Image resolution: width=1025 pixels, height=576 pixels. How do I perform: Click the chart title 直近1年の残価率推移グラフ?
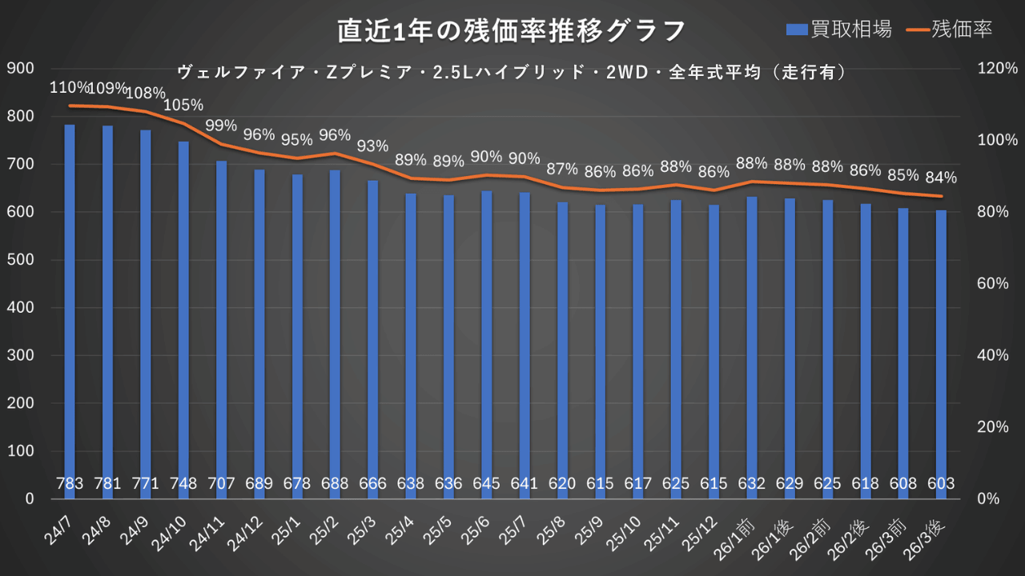511,31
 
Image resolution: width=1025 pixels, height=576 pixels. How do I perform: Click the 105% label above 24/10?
183,105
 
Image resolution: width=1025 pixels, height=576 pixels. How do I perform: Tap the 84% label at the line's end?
941,178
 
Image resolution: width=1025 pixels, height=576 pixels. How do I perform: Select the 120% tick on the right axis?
996,69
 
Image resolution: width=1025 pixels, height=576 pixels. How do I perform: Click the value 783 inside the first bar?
70,484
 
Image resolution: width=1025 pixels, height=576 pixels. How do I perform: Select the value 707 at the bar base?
221,484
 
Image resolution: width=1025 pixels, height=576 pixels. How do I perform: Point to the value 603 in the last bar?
942,484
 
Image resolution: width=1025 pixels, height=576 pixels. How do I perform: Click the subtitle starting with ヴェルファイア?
511,72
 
